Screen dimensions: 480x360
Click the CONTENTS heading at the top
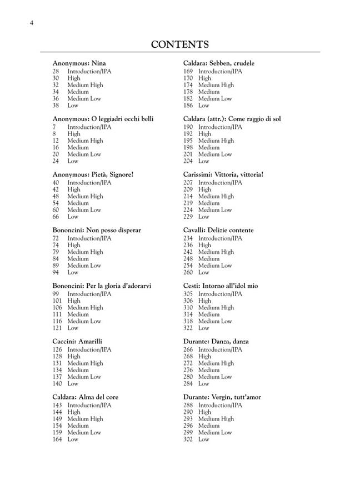point(180,44)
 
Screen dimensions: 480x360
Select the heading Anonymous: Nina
point(79,63)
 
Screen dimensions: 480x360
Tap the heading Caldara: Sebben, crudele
point(219,63)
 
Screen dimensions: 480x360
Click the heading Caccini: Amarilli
point(77,341)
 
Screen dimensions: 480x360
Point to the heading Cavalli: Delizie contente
point(218,230)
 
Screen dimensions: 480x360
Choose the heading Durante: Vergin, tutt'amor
point(222,397)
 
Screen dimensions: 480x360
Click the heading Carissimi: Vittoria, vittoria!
point(223,174)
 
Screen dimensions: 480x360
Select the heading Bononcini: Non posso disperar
point(97,230)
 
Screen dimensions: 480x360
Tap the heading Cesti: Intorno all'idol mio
point(221,286)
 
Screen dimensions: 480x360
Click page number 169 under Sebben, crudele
point(188,72)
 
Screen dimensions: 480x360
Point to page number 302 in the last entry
point(188,439)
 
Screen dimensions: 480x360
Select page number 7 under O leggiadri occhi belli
point(54,127)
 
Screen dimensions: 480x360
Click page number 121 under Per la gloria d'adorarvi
point(57,328)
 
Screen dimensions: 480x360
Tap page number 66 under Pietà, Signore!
point(56,217)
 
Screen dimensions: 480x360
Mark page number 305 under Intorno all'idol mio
point(188,294)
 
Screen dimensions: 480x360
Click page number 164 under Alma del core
point(57,439)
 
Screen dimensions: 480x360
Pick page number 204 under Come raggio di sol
point(188,161)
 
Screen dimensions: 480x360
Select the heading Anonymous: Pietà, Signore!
point(93,174)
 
